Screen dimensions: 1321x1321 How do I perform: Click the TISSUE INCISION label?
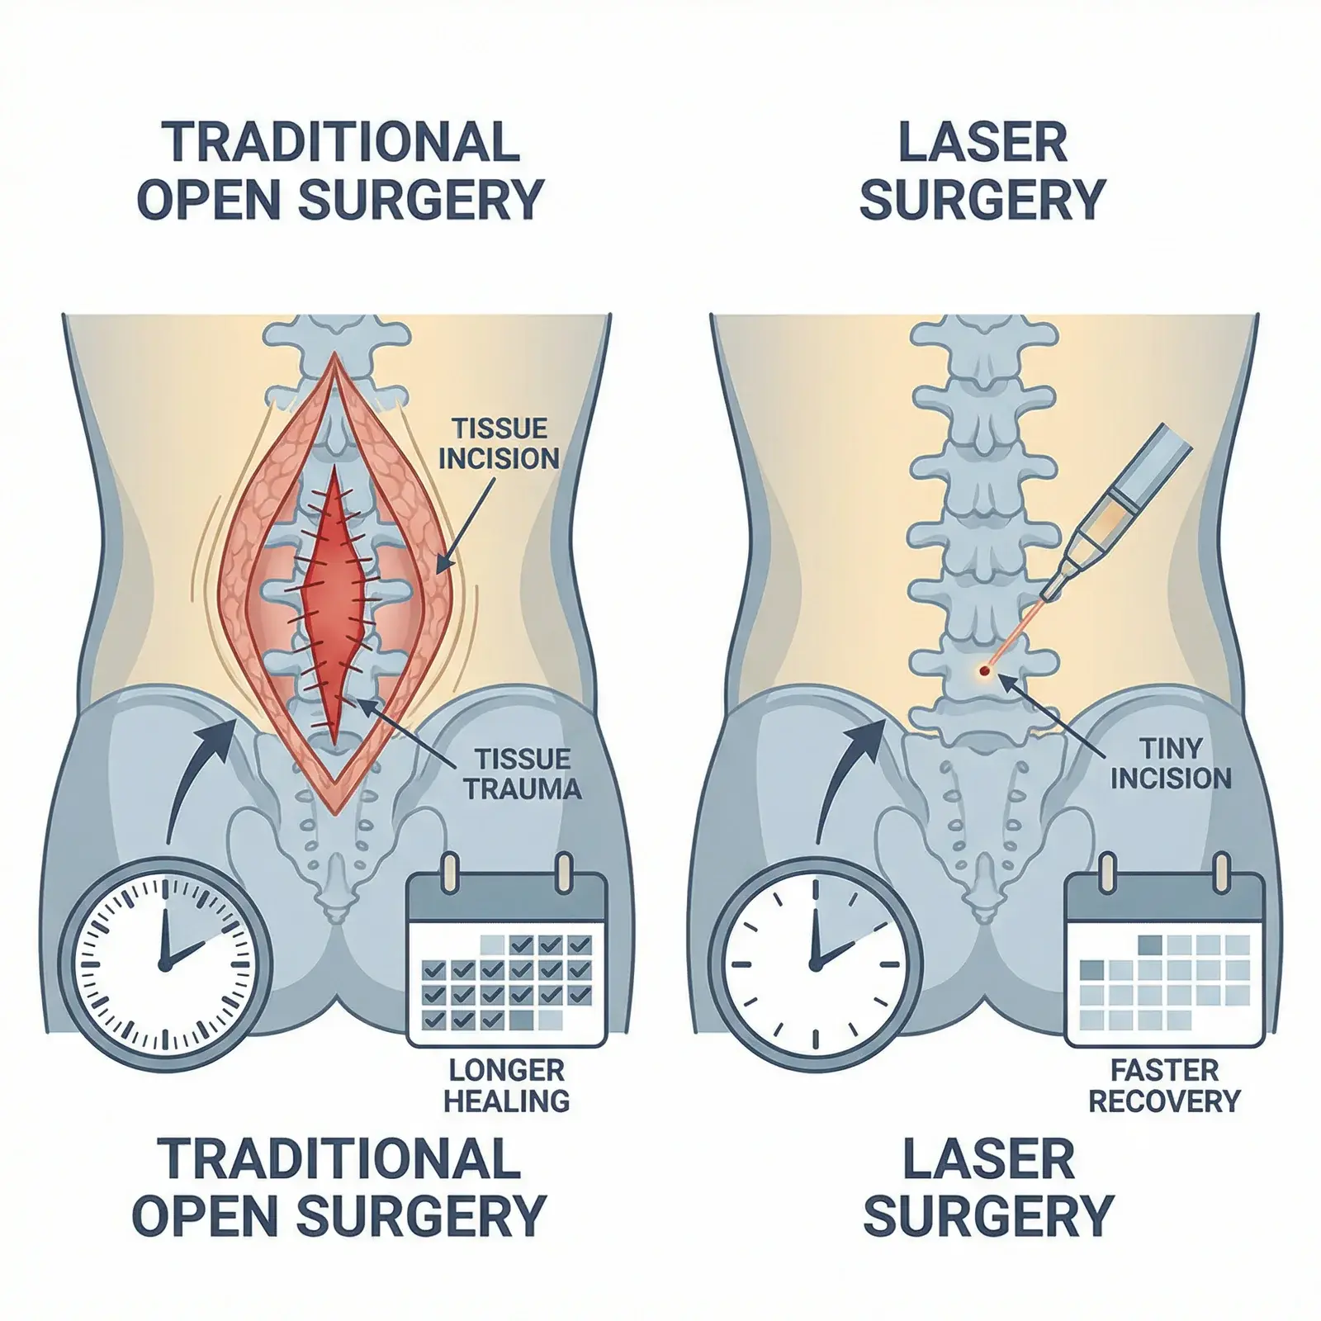click(x=499, y=443)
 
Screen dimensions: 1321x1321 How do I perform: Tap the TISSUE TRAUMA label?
click(x=522, y=773)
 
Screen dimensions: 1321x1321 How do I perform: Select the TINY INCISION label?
click(x=1171, y=763)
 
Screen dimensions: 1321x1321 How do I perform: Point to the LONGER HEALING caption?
click(x=507, y=1085)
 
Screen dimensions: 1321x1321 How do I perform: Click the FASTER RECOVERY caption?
click(x=1164, y=1085)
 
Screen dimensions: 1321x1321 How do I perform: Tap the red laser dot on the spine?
click(x=983, y=672)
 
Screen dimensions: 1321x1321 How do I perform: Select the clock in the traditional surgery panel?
click(x=162, y=962)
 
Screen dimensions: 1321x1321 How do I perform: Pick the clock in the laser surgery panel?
click(x=814, y=962)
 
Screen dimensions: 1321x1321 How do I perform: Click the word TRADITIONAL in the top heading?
click(x=340, y=142)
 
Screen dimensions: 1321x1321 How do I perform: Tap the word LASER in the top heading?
click(x=982, y=142)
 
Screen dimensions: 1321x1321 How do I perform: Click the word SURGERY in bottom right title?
click(x=988, y=1215)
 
